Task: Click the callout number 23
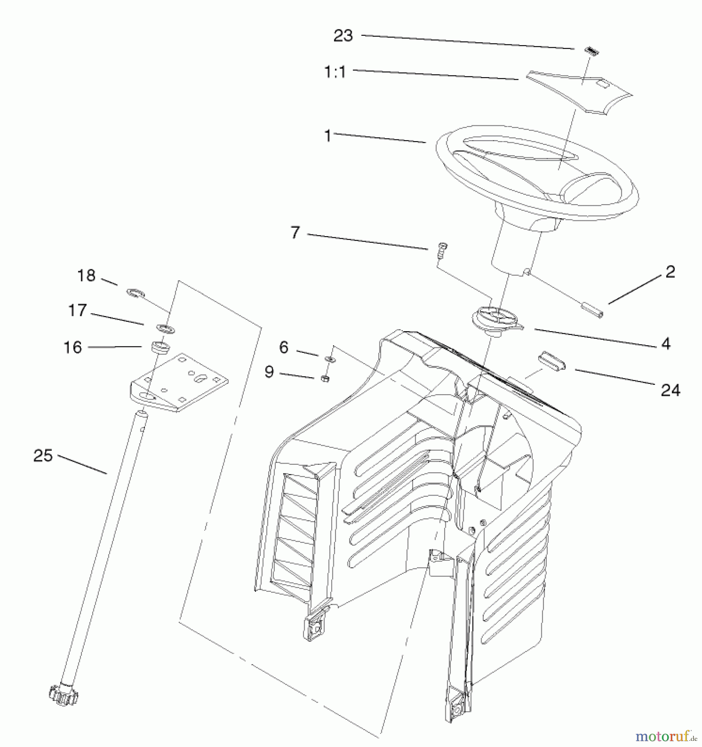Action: (343, 36)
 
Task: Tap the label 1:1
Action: (335, 73)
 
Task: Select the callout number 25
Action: (43, 456)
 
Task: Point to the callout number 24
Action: (670, 390)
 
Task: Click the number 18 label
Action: (86, 276)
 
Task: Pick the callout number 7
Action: (295, 232)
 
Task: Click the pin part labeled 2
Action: (594, 310)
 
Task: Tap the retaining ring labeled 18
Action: (135, 293)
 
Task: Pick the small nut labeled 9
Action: (326, 378)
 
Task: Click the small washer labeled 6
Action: (330, 358)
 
